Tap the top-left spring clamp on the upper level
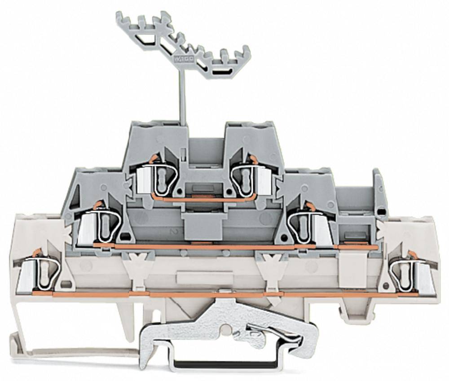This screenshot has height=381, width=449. click(155, 178)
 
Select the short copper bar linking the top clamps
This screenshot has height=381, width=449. click(204, 197)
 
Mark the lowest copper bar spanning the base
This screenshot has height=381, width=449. click(224, 294)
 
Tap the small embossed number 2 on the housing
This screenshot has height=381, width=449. click(172, 232)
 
